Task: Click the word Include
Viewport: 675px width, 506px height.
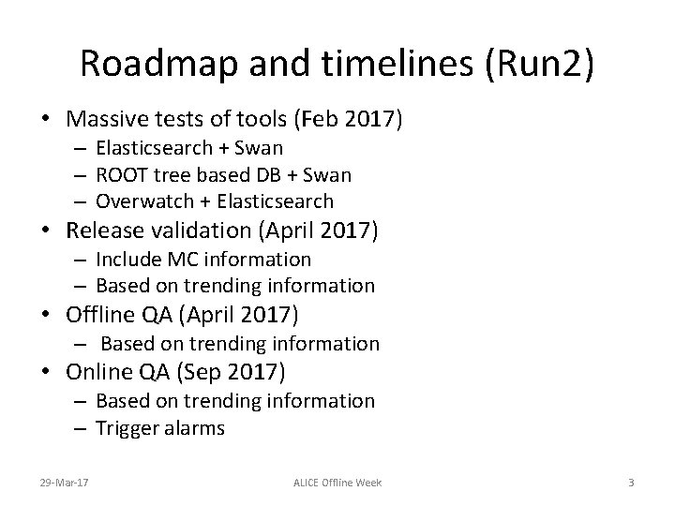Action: point(127,259)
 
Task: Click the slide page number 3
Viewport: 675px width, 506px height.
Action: point(631,482)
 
